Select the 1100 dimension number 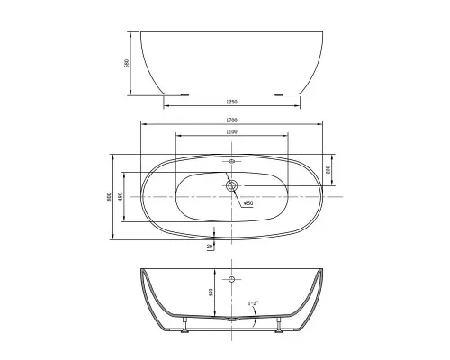click(232, 132)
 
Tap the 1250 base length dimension click(230, 102)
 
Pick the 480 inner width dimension click(121, 196)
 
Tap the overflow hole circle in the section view click(232, 281)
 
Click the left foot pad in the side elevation click(184, 94)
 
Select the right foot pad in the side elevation click(279, 94)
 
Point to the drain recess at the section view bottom click(232, 319)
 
